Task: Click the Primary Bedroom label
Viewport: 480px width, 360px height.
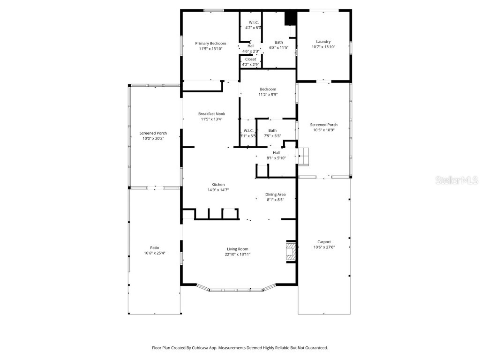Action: pos(210,44)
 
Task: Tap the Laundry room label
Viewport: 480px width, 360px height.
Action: pos(323,42)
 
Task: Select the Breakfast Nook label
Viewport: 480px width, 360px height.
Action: pos(211,114)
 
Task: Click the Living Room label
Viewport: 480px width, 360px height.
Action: pos(238,249)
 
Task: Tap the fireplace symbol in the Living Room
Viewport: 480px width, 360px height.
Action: pos(291,252)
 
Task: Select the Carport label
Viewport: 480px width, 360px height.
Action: pos(324,242)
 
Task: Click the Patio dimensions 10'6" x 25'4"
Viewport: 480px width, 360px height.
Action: pos(155,253)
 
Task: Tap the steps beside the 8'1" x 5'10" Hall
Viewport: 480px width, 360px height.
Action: pos(304,156)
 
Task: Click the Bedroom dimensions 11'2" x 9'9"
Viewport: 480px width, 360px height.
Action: pos(268,95)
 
